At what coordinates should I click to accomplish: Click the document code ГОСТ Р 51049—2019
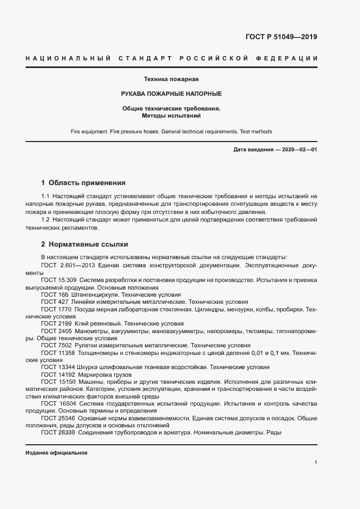[282, 37]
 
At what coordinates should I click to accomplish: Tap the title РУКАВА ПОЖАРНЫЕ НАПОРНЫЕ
[171, 94]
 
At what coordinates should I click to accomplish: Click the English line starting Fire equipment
[171, 132]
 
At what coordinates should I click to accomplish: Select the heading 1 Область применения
[83, 182]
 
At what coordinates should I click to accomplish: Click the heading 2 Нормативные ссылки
[84, 244]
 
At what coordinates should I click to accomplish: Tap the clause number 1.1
[46, 195]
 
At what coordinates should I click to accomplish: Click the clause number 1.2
[46, 219]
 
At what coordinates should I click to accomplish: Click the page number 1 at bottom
[315, 462]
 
